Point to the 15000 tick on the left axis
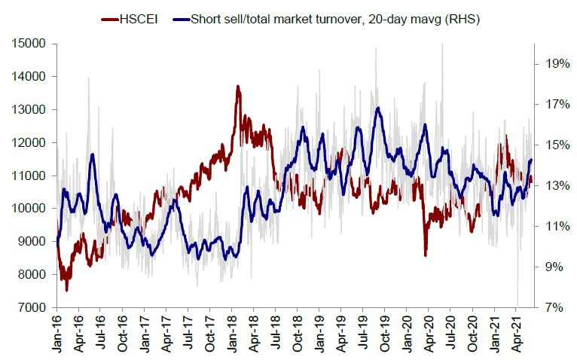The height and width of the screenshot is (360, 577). [x=30, y=44]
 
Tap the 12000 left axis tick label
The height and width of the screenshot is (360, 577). [x=30, y=142]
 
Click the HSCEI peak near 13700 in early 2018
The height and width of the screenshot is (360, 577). [x=238, y=87]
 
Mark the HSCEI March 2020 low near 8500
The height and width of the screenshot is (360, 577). [x=426, y=255]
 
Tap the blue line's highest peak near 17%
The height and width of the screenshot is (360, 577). [x=377, y=108]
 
